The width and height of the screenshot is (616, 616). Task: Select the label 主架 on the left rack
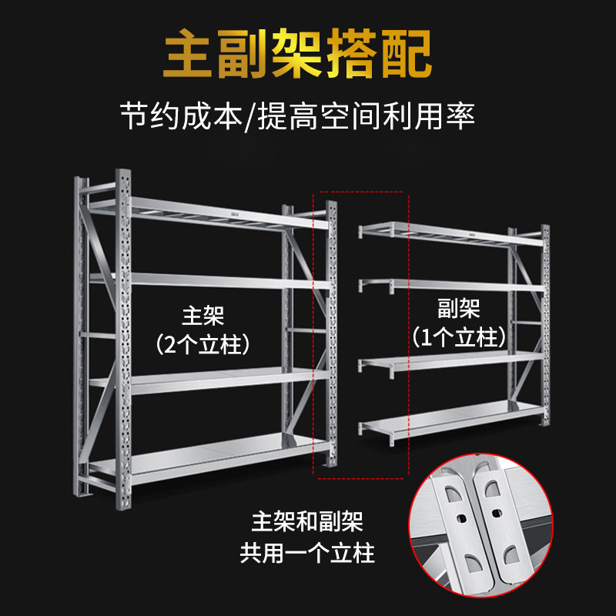(x=203, y=316)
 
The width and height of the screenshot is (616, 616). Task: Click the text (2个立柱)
(x=203, y=344)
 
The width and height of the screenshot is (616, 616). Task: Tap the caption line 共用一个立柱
(x=307, y=552)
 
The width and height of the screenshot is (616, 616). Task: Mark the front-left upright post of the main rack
(x=123, y=339)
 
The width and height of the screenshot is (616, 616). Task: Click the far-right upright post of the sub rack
(x=545, y=323)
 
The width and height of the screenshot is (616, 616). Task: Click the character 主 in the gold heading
(x=189, y=55)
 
